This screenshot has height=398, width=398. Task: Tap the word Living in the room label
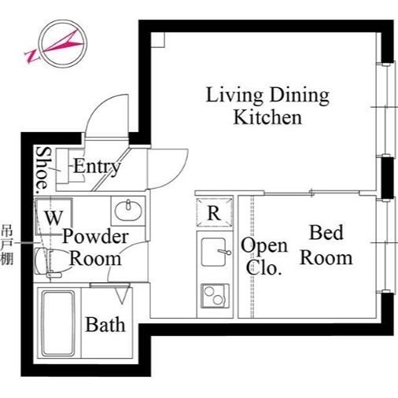click(x=234, y=96)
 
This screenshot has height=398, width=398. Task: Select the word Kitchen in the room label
click(x=267, y=117)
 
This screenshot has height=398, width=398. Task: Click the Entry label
click(x=97, y=166)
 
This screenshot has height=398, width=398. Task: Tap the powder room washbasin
click(x=128, y=211)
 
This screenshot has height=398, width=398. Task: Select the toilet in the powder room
click(x=48, y=262)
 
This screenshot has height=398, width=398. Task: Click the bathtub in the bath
click(x=57, y=323)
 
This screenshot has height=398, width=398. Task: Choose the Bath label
click(x=105, y=324)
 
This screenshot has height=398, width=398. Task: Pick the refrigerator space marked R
click(x=214, y=212)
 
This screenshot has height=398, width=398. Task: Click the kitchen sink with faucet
click(x=215, y=252)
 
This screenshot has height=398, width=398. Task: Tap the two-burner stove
click(x=215, y=296)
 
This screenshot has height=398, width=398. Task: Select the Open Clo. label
click(x=264, y=256)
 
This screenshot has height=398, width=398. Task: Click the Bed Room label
click(x=326, y=245)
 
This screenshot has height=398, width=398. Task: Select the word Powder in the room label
click(x=95, y=237)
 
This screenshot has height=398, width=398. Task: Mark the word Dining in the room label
click(x=300, y=96)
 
